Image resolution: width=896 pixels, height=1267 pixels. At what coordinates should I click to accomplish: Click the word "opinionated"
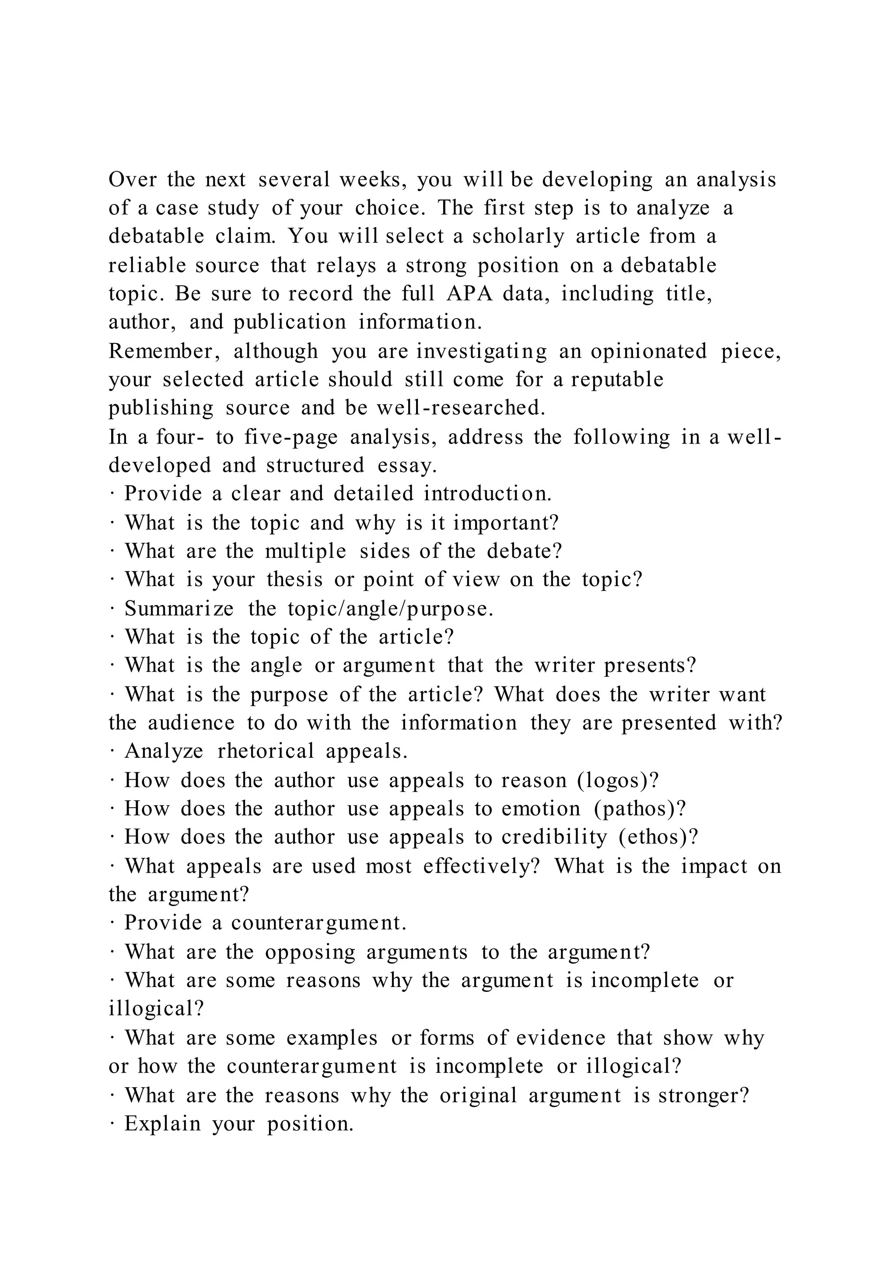click(x=649, y=351)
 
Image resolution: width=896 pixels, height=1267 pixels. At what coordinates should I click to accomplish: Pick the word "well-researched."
click(x=461, y=408)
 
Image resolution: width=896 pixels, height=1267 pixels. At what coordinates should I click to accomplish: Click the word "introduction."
click(x=488, y=493)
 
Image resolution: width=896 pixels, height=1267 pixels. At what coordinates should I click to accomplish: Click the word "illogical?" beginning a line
click(x=157, y=1009)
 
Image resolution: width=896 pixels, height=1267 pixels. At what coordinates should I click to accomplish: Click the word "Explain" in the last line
click(x=163, y=1124)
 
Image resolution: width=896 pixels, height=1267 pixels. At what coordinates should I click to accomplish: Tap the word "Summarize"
click(x=179, y=609)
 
